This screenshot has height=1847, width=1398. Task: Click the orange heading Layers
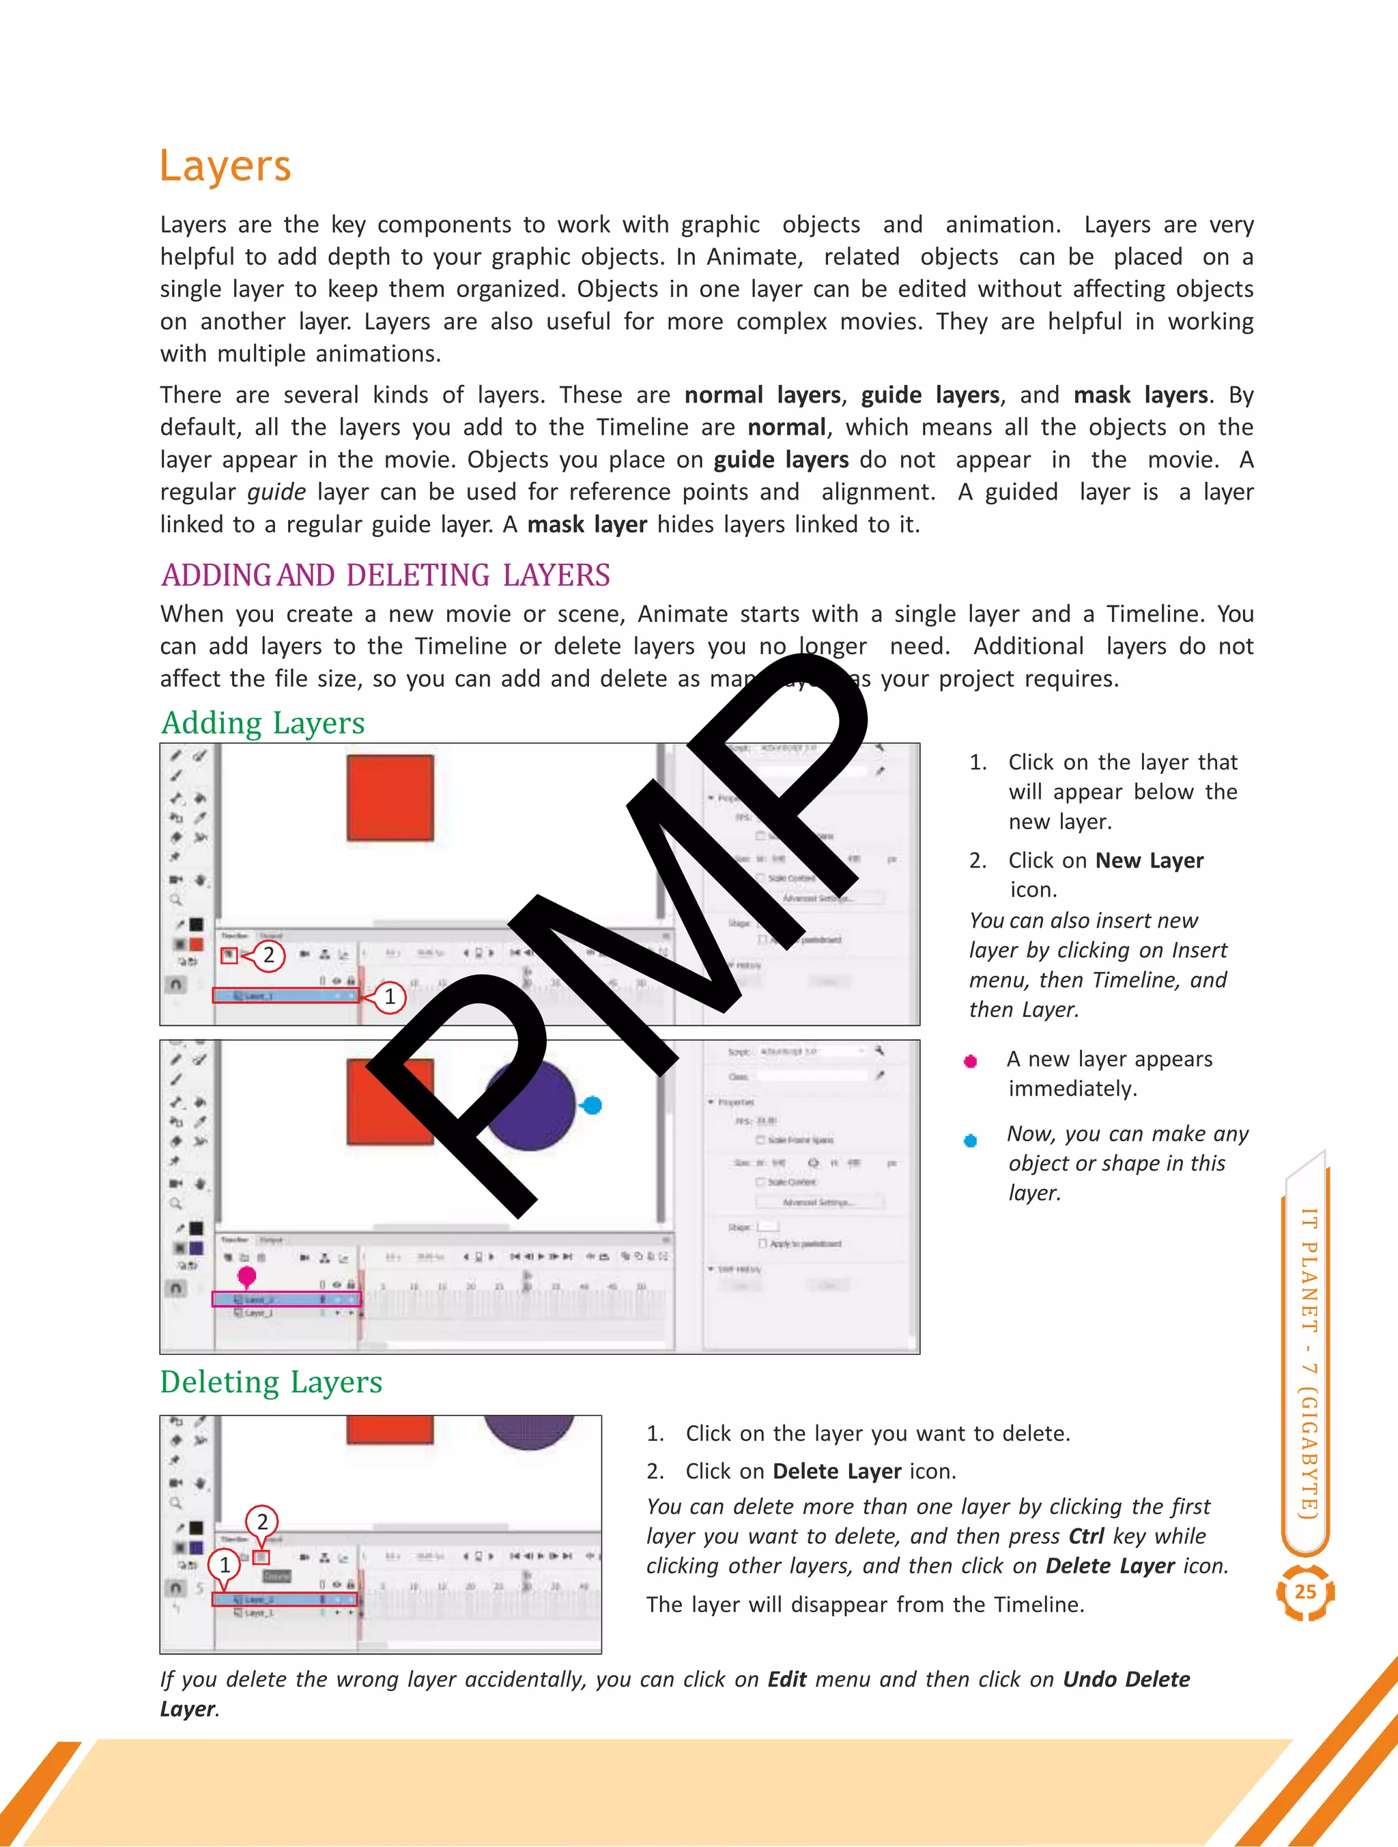225,166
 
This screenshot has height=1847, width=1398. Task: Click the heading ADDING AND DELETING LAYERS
385,575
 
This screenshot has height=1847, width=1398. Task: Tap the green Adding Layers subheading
263,723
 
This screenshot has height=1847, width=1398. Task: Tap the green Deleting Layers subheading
272,1383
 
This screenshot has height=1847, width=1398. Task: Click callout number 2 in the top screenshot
268,955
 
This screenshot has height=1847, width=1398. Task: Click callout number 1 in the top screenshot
389,997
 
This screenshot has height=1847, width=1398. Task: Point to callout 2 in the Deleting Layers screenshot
262,1521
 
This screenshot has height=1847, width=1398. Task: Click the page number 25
1305,1592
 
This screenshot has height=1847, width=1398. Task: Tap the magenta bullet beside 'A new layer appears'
971,1061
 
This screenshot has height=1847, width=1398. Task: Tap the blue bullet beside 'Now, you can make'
971,1141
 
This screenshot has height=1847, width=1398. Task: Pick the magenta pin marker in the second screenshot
246,1276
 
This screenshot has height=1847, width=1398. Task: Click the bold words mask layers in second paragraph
1140,395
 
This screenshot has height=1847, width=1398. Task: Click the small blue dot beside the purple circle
592,1106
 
